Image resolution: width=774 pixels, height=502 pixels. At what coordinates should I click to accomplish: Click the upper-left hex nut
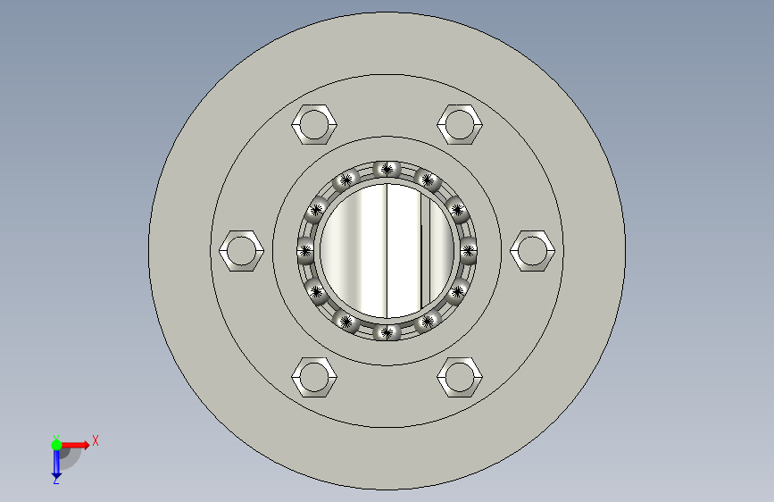pyautogui.click(x=314, y=124)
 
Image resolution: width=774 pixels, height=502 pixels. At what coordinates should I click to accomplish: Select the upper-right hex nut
pyautogui.click(x=460, y=124)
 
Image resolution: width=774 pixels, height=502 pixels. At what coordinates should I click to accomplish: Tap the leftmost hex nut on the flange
pyautogui.click(x=241, y=250)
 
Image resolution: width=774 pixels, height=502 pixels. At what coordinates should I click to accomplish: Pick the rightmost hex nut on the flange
pyautogui.click(x=533, y=250)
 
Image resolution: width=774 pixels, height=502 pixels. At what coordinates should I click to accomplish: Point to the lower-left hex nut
pyautogui.click(x=314, y=377)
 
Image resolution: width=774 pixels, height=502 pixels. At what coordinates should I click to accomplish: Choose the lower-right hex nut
pyautogui.click(x=460, y=377)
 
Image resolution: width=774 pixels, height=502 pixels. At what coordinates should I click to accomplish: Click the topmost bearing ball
pyautogui.click(x=387, y=170)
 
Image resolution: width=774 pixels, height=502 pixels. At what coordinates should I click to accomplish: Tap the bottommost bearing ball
pyautogui.click(x=387, y=332)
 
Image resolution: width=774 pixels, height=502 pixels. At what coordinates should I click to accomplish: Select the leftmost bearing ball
pyautogui.click(x=305, y=250)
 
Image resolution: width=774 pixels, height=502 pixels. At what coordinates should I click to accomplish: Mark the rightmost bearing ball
pyautogui.click(x=469, y=250)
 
